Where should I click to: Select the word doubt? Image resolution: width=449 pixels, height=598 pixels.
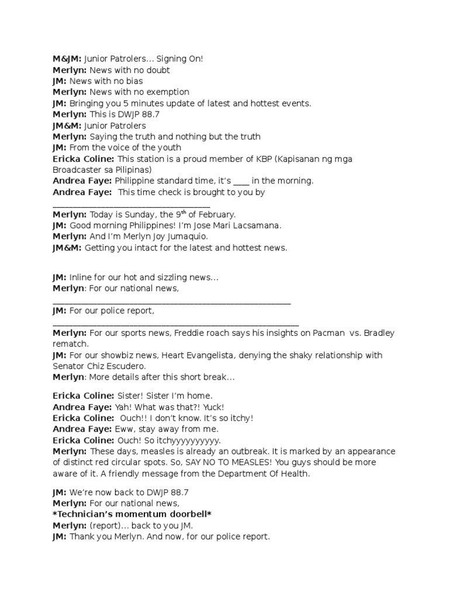pos(158,70)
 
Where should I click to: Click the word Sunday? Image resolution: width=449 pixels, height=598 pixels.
pos(136,215)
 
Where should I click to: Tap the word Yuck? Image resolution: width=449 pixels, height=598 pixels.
pos(211,407)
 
